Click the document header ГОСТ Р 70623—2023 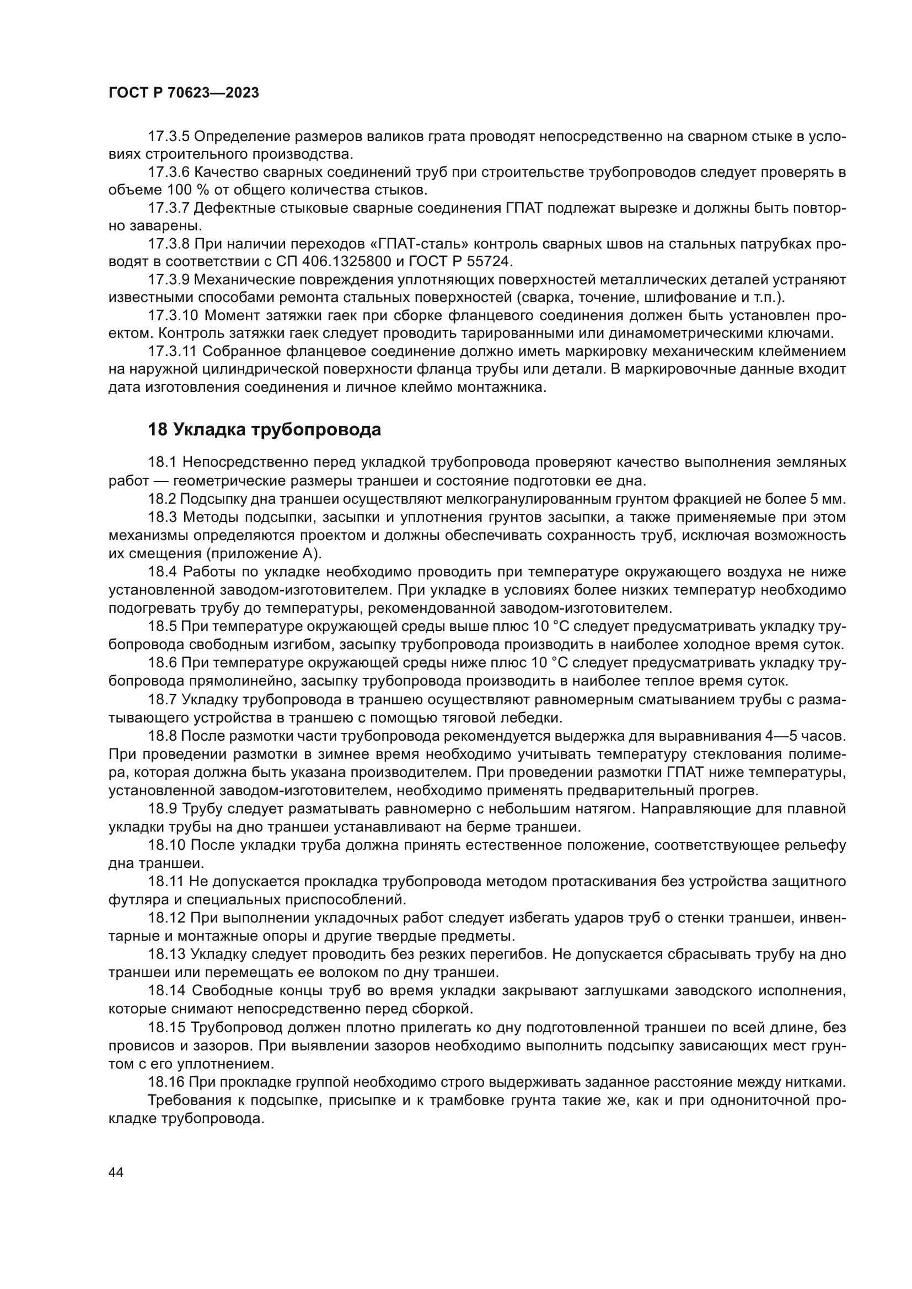click(x=184, y=93)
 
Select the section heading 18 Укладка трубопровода click(x=265, y=429)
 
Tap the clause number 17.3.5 click(x=169, y=137)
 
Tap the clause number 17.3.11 click(x=173, y=352)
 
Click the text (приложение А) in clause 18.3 click(x=264, y=553)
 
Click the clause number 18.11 click(x=167, y=881)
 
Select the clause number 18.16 click(x=167, y=1082)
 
